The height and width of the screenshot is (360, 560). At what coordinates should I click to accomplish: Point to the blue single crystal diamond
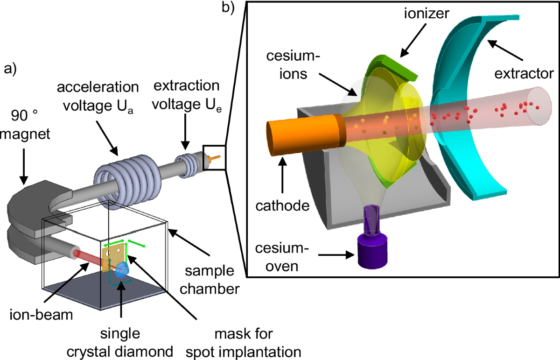pos(122,270)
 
